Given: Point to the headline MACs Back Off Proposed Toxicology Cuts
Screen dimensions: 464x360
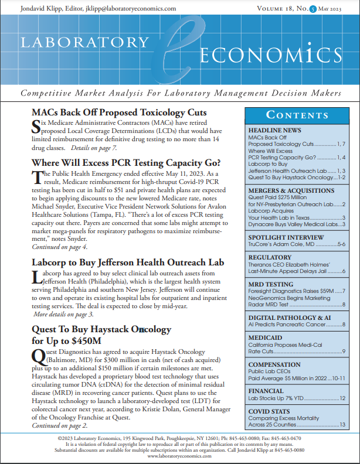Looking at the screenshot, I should pyautogui.click(x=118, y=112).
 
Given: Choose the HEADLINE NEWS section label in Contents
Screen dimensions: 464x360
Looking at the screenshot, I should pyautogui.click(x=275, y=130).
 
